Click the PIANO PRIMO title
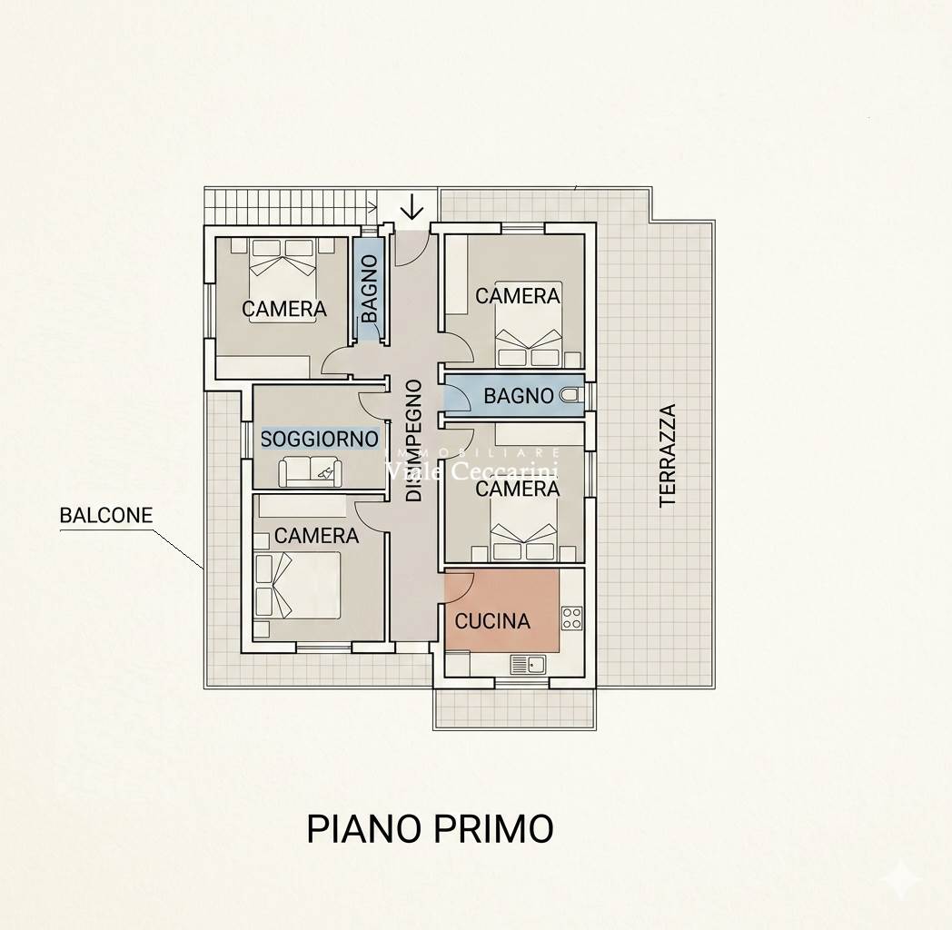[x=430, y=828]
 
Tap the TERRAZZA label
[x=668, y=455]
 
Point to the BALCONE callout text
[x=105, y=515]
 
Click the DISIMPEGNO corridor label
[x=413, y=440]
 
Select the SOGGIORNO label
[x=320, y=439]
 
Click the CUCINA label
[x=492, y=621]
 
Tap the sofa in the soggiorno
[x=311, y=471]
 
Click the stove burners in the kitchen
[x=572, y=618]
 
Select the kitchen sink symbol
[x=528, y=664]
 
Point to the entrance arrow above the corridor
[x=412, y=206]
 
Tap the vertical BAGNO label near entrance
[x=369, y=288]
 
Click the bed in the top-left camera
[x=283, y=279]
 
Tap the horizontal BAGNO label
[x=519, y=396]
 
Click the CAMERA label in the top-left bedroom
[x=284, y=309]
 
